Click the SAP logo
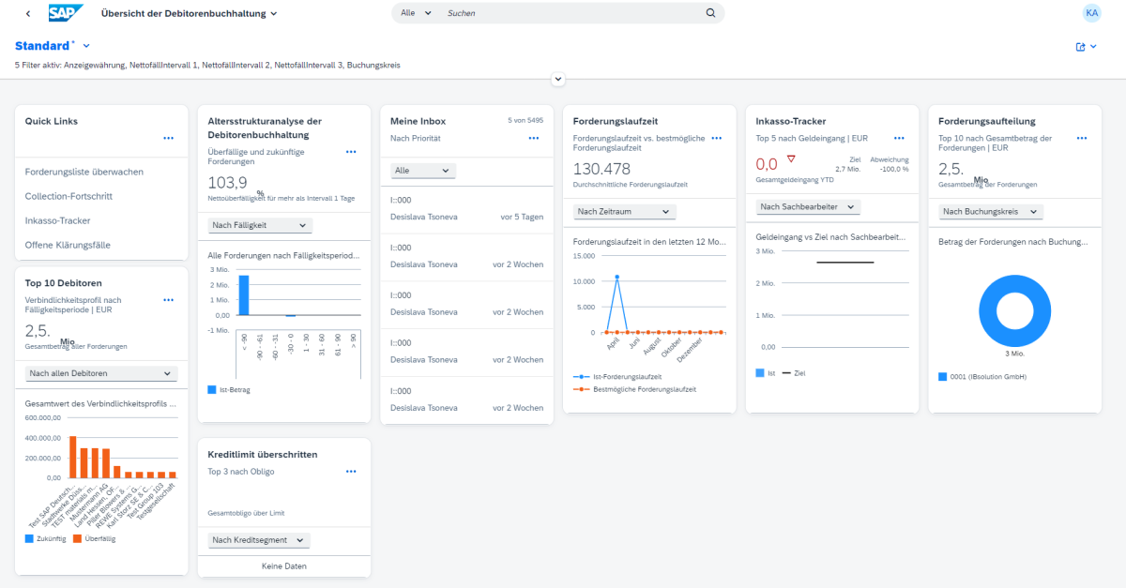tap(66, 13)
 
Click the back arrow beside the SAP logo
tap(28, 13)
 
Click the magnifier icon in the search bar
tap(710, 13)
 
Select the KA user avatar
tap(1091, 13)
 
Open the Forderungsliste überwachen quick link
tap(84, 172)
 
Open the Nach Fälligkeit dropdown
tap(260, 225)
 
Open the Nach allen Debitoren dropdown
tap(101, 373)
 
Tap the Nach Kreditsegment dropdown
tap(259, 540)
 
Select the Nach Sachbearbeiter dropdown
tap(809, 206)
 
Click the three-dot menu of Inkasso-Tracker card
tap(899, 138)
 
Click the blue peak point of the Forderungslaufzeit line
tap(616, 277)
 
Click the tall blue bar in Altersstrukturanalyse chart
tap(244, 294)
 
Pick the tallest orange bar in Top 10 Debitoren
tap(73, 457)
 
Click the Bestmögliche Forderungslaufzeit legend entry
tap(637, 388)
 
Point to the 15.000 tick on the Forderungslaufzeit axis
tap(584, 256)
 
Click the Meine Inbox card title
tap(418, 121)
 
